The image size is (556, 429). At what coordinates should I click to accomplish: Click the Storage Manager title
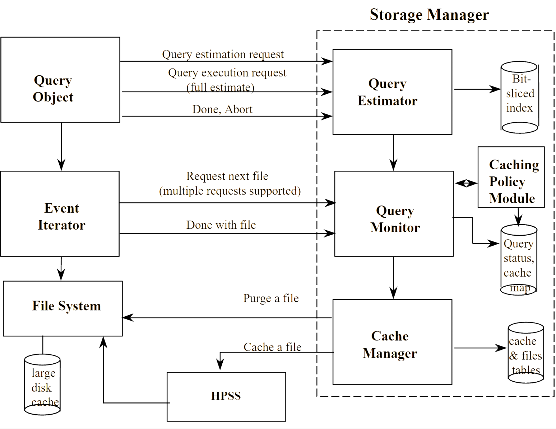pyautogui.click(x=429, y=15)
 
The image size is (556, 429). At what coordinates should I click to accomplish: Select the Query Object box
pyautogui.click(x=60, y=80)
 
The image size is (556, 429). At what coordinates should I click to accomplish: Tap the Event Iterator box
pyautogui.click(x=60, y=214)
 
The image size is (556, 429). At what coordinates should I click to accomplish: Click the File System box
pyautogui.click(x=63, y=308)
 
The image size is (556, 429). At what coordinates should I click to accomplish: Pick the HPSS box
pyautogui.click(x=226, y=396)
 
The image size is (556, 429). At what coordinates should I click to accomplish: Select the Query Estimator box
pyautogui.click(x=392, y=92)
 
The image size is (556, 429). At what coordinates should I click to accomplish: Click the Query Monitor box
pyautogui.click(x=394, y=214)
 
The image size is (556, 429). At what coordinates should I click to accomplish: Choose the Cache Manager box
pyautogui.click(x=392, y=342)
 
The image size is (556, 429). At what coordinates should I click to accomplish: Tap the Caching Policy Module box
pyautogui.click(x=511, y=177)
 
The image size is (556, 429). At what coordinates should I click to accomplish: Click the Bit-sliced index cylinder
pyautogui.click(x=519, y=97)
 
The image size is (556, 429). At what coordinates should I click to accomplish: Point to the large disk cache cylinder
pyautogui.click(x=42, y=385)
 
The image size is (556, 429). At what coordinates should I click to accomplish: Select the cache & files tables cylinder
pyautogui.click(x=526, y=353)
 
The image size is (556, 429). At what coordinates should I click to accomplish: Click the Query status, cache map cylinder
pyautogui.click(x=519, y=260)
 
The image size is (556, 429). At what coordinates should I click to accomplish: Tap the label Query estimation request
pyautogui.click(x=223, y=54)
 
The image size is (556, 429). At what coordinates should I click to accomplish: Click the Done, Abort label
pyautogui.click(x=222, y=109)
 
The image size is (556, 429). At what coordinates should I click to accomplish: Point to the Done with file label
pyautogui.click(x=221, y=225)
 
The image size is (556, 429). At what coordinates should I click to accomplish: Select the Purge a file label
pyautogui.click(x=271, y=298)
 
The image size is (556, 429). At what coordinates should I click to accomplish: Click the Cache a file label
pyautogui.click(x=272, y=347)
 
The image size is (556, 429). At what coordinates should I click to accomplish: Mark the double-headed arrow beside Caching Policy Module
pyautogui.click(x=466, y=183)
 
